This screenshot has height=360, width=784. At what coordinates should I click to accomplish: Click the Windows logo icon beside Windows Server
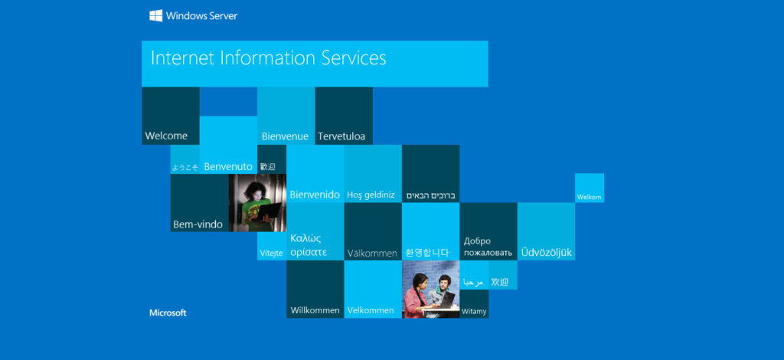[x=155, y=15]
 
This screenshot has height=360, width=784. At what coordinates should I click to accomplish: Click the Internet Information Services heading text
[x=269, y=58]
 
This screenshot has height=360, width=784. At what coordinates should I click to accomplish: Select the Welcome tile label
[x=166, y=136]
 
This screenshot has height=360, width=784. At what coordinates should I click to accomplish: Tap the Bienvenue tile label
[x=285, y=136]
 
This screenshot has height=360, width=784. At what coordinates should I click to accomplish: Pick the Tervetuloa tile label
[x=341, y=136]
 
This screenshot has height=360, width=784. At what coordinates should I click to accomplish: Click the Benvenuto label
[x=228, y=167]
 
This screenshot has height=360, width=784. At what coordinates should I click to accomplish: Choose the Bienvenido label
[x=315, y=195]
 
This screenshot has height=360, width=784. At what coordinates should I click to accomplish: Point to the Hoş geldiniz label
[x=371, y=195]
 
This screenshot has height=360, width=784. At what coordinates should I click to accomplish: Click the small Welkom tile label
[x=589, y=197]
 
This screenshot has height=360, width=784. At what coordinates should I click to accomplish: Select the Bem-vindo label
[x=198, y=224]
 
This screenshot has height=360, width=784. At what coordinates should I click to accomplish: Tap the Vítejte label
[x=272, y=253]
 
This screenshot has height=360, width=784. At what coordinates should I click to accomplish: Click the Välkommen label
[x=372, y=254]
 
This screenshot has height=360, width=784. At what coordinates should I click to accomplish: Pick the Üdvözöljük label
[x=546, y=252]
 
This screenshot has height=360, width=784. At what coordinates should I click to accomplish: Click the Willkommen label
[x=315, y=310]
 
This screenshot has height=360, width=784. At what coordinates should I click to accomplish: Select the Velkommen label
[x=371, y=310]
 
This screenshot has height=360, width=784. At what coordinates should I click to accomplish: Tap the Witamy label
[x=474, y=312]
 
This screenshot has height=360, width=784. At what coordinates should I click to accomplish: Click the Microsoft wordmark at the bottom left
[x=168, y=313]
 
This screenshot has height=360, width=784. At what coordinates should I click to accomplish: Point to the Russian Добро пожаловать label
[x=488, y=247]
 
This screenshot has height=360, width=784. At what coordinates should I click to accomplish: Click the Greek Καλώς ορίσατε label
[x=309, y=245]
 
